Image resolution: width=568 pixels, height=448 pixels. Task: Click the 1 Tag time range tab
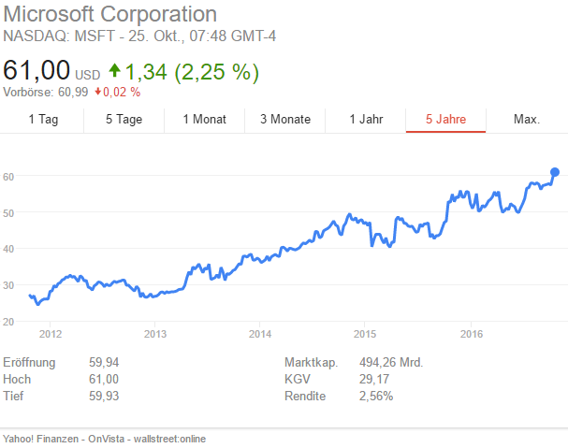44,119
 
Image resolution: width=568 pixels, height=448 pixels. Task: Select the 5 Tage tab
124,119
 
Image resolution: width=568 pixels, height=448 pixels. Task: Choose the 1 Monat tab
204,119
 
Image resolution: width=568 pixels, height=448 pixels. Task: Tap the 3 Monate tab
284,119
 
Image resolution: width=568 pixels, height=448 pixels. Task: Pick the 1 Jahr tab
366,119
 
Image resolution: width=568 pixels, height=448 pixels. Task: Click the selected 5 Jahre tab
445,119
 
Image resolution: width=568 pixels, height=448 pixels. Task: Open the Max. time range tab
527,119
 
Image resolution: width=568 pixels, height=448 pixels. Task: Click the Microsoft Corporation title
110,15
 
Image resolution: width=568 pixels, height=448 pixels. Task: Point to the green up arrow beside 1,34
115,70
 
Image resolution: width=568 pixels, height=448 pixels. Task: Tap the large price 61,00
36,71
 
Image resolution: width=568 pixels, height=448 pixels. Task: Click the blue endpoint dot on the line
555,172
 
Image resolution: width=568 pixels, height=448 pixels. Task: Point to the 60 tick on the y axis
7,177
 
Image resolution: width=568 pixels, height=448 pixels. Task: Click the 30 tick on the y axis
7,285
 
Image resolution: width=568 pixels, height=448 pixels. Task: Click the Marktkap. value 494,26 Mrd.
391,362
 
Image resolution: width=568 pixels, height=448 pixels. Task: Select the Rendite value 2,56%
376,396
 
